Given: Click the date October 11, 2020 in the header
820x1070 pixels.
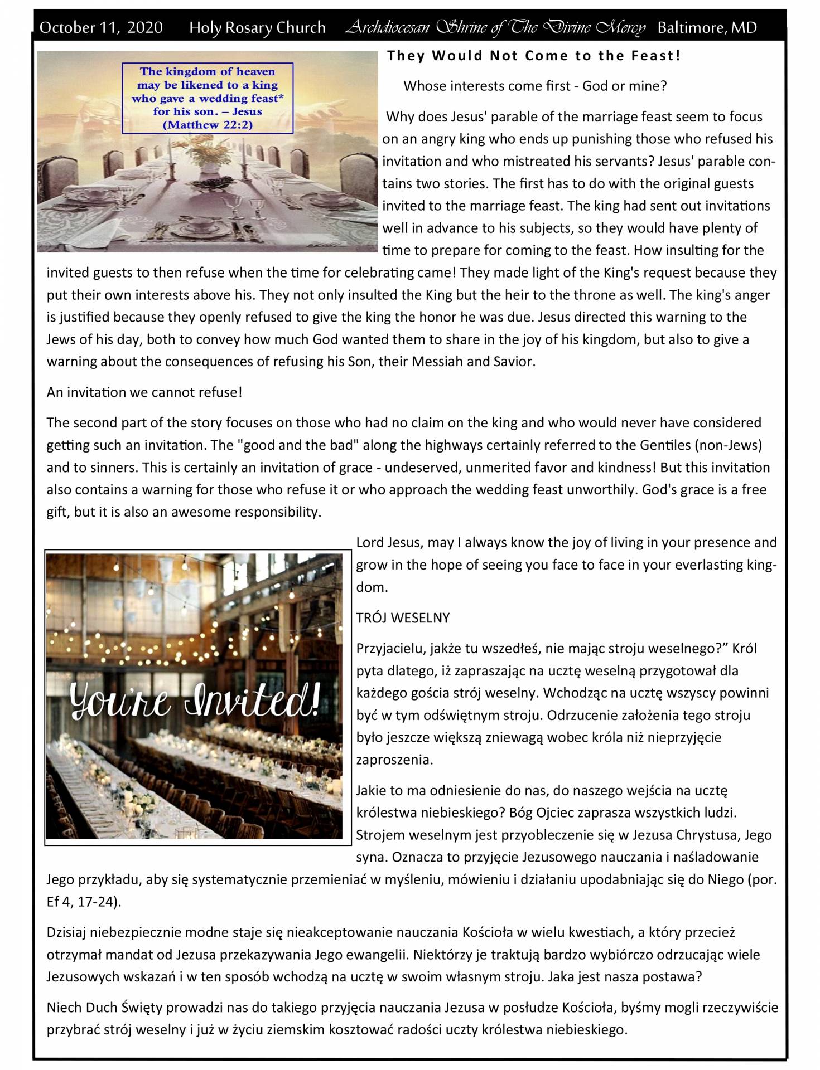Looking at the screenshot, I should click(x=101, y=27).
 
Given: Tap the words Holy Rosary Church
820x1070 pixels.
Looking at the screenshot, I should click(x=257, y=27).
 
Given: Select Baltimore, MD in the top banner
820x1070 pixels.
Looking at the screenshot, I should click(x=707, y=27).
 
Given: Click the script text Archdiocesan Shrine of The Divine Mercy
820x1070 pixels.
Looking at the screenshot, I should click(x=495, y=27).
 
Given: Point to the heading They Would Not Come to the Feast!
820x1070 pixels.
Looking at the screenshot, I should click(x=534, y=56).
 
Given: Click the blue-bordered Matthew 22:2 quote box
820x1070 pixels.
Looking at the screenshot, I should click(x=208, y=98).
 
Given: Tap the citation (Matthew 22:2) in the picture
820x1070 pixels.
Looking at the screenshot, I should click(x=208, y=125).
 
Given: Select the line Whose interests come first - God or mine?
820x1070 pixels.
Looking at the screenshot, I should click(x=535, y=86).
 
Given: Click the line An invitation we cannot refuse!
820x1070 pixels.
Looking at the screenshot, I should click(x=144, y=392).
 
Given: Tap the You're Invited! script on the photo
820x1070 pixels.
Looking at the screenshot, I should click(x=195, y=701).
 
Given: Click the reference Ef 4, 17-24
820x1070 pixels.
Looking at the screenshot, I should click(x=81, y=902).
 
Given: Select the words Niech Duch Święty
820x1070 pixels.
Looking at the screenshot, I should click(x=104, y=1007).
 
